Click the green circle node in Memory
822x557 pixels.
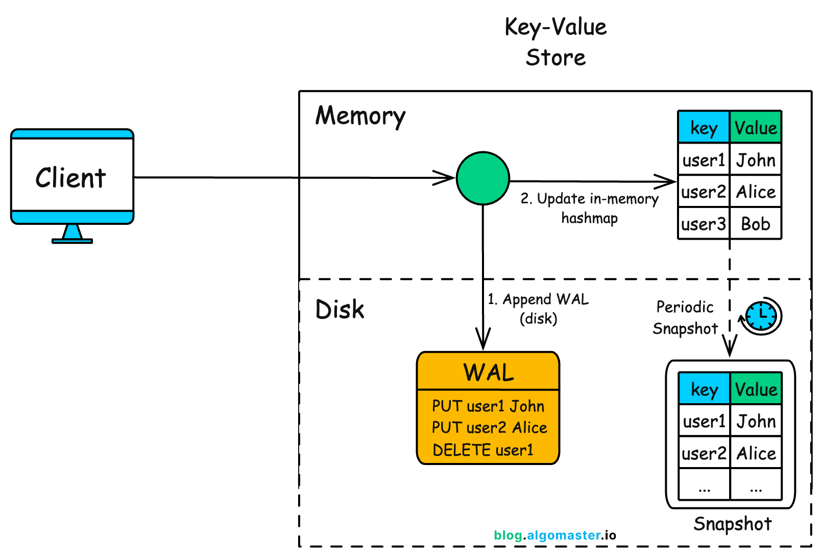pyautogui.click(x=482, y=178)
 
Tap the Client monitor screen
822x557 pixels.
pyautogui.click(x=72, y=176)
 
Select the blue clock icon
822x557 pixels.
pyautogui.click(x=761, y=316)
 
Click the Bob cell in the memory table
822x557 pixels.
pyautogui.click(x=755, y=224)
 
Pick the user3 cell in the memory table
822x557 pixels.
pyautogui.click(x=703, y=224)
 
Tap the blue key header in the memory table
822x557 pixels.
pyautogui.click(x=703, y=128)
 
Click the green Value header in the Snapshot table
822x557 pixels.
pyautogui.click(x=756, y=389)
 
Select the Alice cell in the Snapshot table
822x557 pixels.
pyautogui.click(x=756, y=453)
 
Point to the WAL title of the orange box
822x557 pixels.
pyautogui.click(x=488, y=372)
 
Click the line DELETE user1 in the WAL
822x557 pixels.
pyautogui.click(x=482, y=450)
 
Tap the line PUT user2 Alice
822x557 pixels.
pyautogui.click(x=489, y=427)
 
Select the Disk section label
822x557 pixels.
pyautogui.click(x=340, y=310)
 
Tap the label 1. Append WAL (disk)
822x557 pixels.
pyautogui.click(x=538, y=309)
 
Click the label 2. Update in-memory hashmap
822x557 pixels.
pyautogui.click(x=589, y=208)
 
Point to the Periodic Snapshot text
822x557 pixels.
pyautogui.click(x=685, y=317)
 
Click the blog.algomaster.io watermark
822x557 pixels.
pyautogui.click(x=555, y=535)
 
